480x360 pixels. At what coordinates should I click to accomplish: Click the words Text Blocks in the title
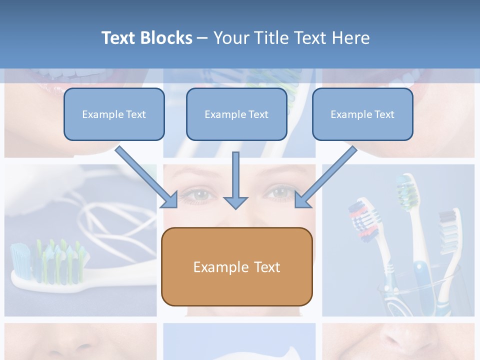[x=146, y=38]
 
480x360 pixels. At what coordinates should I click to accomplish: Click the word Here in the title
[x=351, y=38]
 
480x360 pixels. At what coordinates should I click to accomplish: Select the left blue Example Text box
[x=114, y=114]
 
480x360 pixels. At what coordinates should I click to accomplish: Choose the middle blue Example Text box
[x=236, y=114]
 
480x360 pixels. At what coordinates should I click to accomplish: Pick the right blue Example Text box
[x=362, y=114]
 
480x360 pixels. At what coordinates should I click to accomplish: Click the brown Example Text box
[x=236, y=267]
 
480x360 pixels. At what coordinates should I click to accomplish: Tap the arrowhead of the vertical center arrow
[x=235, y=202]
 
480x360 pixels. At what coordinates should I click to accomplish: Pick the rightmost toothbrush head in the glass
[x=448, y=225]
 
